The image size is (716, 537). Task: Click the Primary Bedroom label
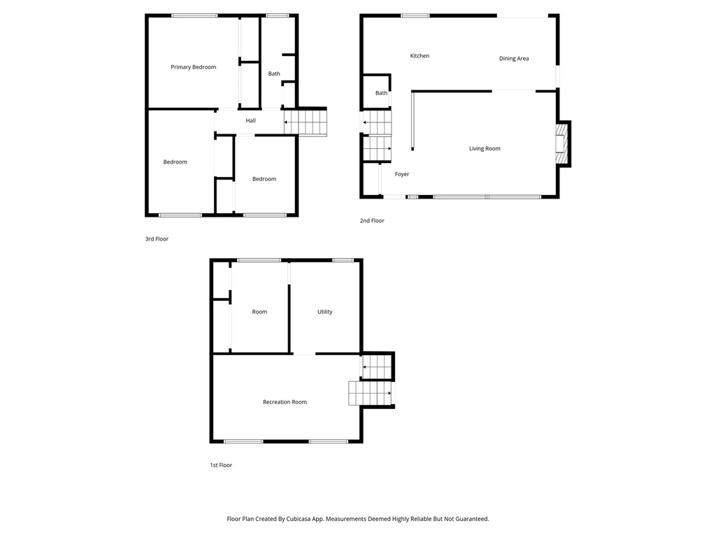tap(194, 67)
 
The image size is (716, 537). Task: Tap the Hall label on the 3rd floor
tap(250, 121)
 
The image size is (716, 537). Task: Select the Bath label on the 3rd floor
tap(274, 73)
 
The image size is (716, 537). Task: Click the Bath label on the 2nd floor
tap(381, 93)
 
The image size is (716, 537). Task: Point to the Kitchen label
tap(420, 56)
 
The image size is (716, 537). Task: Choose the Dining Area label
tap(513, 59)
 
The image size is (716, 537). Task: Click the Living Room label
tap(485, 148)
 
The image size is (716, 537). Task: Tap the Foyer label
tap(402, 174)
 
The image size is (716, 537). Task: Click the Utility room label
tap(324, 312)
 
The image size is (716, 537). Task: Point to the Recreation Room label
tap(285, 402)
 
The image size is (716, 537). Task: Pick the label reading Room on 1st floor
tap(259, 312)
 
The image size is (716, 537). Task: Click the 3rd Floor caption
tap(157, 239)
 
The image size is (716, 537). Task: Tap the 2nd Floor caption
tap(372, 221)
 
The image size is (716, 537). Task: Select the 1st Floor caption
tap(221, 465)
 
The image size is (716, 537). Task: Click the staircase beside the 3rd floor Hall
tap(306, 122)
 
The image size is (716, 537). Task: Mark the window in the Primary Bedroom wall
tap(194, 15)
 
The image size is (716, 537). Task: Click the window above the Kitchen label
tap(415, 15)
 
